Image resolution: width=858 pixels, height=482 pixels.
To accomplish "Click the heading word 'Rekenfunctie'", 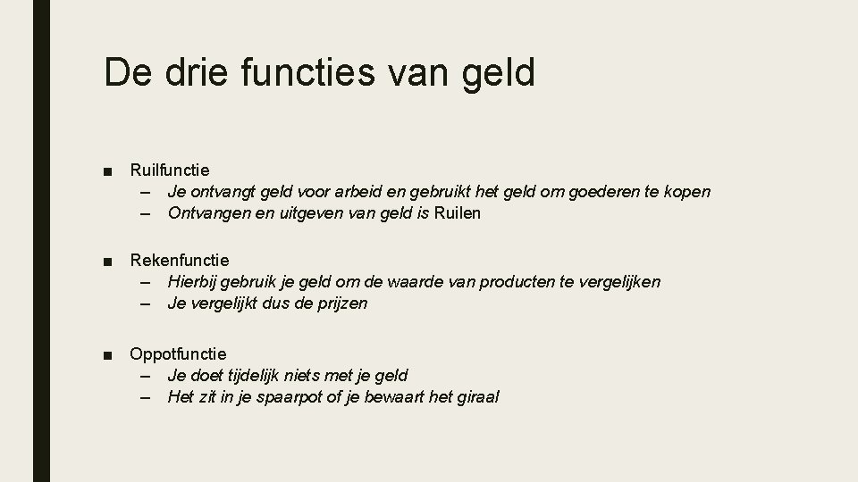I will click(180, 260).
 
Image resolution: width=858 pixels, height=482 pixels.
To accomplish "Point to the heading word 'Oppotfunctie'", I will click(179, 353).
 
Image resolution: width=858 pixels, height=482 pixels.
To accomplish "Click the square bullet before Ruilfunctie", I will click(108, 170).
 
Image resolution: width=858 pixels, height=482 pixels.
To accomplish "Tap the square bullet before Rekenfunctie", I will click(108, 261).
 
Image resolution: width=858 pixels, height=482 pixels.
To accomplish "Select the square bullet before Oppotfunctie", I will click(108, 354).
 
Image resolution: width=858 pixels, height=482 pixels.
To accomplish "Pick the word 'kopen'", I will click(686, 192).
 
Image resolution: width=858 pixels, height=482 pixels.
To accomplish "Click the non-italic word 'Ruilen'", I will click(457, 213).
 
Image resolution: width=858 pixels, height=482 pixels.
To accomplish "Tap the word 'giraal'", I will click(478, 397).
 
